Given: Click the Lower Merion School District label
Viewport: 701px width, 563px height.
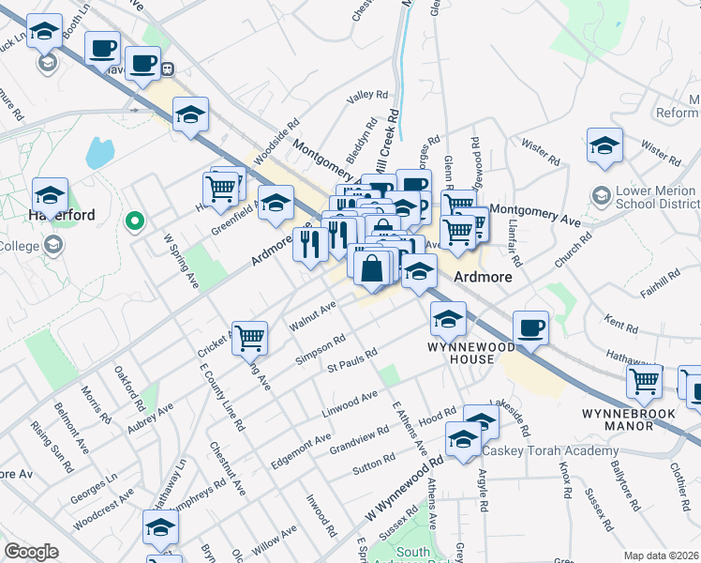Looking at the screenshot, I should (x=655, y=197).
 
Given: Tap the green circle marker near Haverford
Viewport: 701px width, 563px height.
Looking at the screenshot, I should (x=135, y=222).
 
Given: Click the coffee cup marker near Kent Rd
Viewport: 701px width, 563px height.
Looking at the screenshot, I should (x=530, y=327).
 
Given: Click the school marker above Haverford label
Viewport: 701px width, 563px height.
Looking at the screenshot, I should (x=50, y=194).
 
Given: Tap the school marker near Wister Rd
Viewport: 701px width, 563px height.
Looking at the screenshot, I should (x=605, y=145).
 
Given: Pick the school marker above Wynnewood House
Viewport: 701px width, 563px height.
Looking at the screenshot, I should (x=449, y=319).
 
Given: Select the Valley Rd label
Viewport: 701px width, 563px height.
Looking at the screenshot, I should (x=366, y=96).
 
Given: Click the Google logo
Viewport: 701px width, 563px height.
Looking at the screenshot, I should (x=32, y=552).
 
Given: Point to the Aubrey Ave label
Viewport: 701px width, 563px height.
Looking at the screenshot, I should (x=151, y=418).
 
